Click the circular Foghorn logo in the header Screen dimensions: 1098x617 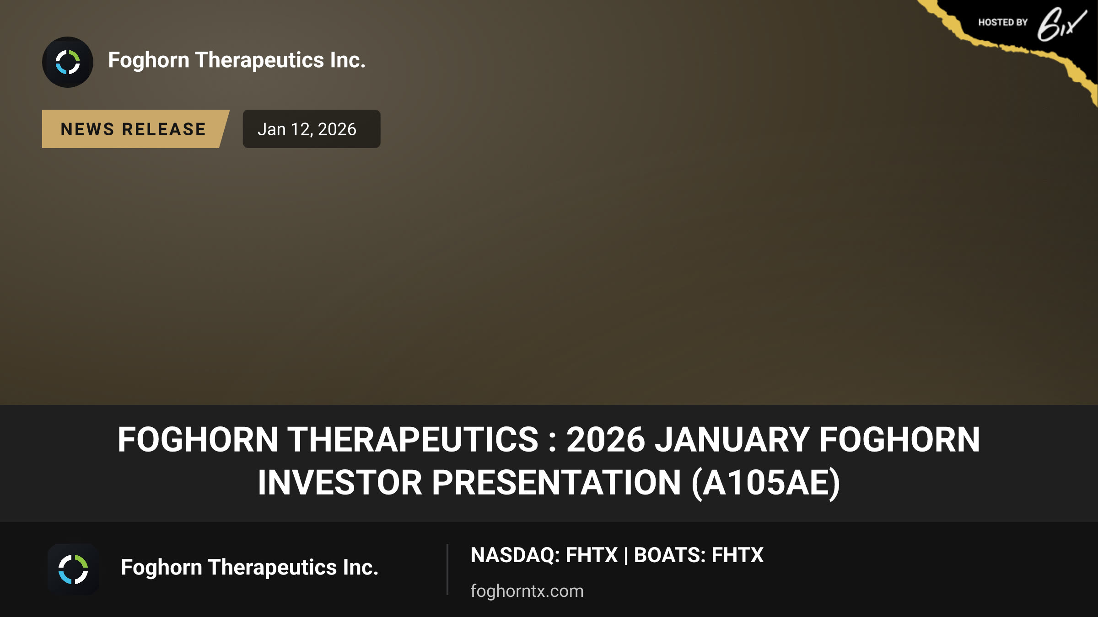click(68, 62)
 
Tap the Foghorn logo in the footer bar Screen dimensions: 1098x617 click(73, 569)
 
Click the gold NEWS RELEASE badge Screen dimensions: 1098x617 click(135, 129)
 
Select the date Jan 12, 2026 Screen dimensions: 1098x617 click(307, 129)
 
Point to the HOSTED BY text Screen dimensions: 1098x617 click(1003, 22)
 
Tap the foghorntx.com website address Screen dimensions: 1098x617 click(527, 591)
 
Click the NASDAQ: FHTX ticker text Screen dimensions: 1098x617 click(544, 555)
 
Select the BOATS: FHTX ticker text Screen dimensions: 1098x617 click(699, 555)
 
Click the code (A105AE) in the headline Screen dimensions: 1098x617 click(766, 483)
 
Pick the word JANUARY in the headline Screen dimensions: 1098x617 click(732, 440)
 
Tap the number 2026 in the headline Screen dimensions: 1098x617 click(606, 440)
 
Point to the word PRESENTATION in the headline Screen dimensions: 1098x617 click(556, 483)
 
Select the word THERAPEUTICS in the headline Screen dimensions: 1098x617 click(413, 440)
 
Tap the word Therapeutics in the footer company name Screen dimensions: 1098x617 click(272, 568)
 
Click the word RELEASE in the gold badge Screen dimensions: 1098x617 click(164, 129)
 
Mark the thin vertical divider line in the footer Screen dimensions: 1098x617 click(447, 569)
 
